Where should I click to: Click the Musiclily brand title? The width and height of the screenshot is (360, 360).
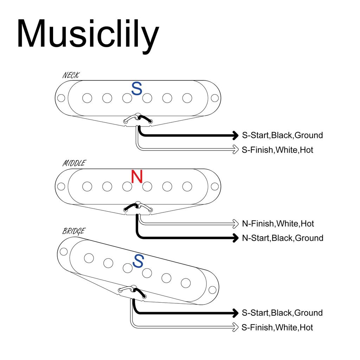88,34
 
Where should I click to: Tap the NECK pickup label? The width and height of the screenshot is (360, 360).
71,75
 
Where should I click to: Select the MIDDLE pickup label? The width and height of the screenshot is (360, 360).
74,163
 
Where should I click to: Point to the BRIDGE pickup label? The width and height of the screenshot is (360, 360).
73,231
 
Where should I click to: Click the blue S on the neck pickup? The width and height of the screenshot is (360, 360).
137,89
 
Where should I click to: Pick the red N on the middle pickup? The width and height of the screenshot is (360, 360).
137,176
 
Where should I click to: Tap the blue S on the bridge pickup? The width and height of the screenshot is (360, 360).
139,261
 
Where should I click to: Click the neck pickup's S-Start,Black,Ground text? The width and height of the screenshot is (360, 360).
282,135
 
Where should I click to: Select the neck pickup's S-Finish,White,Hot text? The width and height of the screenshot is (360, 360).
277,150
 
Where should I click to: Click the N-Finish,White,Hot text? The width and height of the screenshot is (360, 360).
278,224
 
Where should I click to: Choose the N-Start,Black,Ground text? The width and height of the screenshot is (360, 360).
283,238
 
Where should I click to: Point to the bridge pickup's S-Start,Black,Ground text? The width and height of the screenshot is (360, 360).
282,313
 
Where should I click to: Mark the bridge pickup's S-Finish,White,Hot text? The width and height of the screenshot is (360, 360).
277,328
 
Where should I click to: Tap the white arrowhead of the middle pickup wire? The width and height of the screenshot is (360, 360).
236,224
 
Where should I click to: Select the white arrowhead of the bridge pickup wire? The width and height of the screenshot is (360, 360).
236,327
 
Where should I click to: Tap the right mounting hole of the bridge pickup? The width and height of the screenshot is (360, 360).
212,289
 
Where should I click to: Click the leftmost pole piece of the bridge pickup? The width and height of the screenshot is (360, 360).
89,258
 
